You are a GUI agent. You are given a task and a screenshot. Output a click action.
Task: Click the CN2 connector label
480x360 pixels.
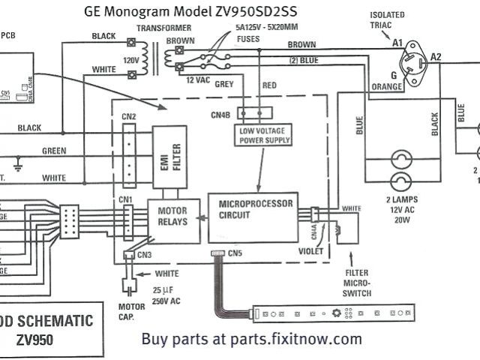pos(128,116)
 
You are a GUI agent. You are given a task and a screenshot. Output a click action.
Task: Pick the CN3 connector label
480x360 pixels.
pos(144,255)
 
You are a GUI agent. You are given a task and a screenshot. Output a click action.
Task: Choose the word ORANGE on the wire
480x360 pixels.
pos(387,88)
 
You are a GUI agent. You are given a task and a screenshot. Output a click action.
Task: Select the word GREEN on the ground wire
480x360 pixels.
pos(54,151)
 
